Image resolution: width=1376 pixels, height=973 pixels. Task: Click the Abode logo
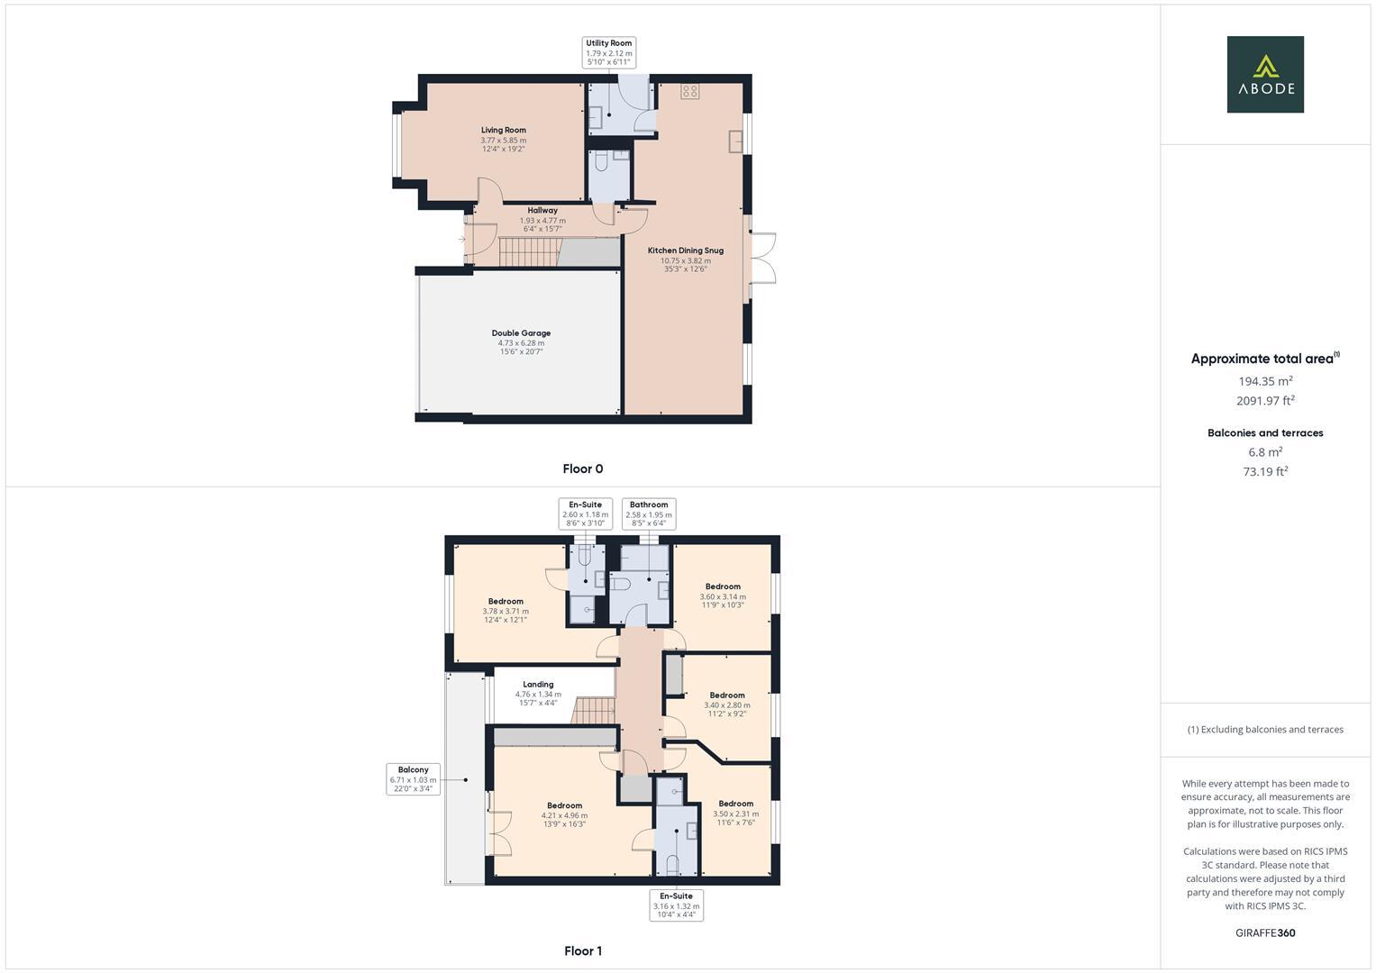point(1264,74)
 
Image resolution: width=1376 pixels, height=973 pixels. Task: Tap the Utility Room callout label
point(609,52)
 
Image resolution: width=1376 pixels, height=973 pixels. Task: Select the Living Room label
point(503,131)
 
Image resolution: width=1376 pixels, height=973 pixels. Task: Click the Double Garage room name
point(521,333)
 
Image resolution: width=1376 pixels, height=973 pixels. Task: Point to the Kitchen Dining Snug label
point(685,250)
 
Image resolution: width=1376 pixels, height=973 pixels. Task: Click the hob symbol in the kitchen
point(689,91)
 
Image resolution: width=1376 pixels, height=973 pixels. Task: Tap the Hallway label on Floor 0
point(542,211)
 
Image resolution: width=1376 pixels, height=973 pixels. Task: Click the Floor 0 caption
point(582,468)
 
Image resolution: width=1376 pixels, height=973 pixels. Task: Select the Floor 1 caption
point(582,950)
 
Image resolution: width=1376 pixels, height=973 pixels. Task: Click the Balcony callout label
point(413,778)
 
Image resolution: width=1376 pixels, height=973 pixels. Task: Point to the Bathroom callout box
point(649,514)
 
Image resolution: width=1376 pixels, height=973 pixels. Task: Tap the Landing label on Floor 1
point(538,685)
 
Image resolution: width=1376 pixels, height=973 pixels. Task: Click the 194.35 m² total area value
point(1265,380)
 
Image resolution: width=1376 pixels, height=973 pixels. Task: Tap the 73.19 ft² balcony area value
point(1265,471)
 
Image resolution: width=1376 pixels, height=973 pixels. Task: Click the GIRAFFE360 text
point(1265,932)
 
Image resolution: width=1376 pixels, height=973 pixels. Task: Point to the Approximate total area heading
point(1264,359)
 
